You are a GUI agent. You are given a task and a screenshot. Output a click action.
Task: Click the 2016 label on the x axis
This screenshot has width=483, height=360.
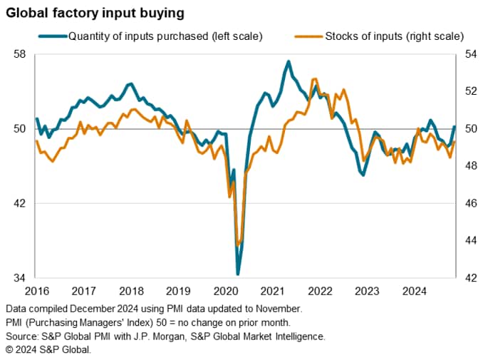tap(37, 291)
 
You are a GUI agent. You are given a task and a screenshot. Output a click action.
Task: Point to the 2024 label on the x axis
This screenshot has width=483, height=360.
tap(414, 291)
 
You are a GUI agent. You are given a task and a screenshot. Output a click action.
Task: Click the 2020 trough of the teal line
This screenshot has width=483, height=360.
tap(238, 274)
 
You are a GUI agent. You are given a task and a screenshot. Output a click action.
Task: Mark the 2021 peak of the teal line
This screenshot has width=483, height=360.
tap(289, 61)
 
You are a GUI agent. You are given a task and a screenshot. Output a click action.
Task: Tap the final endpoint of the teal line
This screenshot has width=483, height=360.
tap(455, 126)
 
